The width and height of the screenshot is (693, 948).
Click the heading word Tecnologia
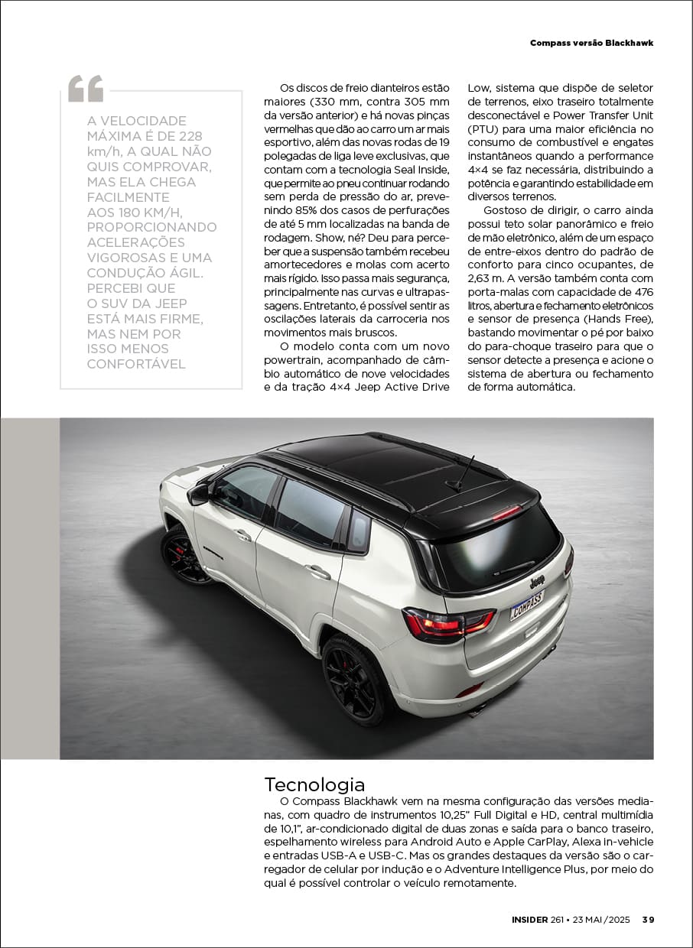point(314,784)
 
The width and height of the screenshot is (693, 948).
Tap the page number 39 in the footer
point(648,920)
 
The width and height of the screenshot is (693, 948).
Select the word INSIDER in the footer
point(529,920)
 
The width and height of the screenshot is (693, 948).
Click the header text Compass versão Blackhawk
point(591,43)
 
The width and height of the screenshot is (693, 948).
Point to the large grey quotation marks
point(85,89)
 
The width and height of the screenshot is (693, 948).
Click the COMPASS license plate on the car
point(526,605)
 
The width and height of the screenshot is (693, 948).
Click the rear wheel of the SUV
point(354,677)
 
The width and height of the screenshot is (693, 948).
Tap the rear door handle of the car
point(317,570)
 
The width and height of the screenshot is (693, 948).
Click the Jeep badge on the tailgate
point(537,582)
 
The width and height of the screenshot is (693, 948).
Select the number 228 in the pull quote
point(188,136)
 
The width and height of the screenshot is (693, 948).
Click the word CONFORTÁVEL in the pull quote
point(136,364)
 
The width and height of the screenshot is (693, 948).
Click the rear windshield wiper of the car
point(514,568)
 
